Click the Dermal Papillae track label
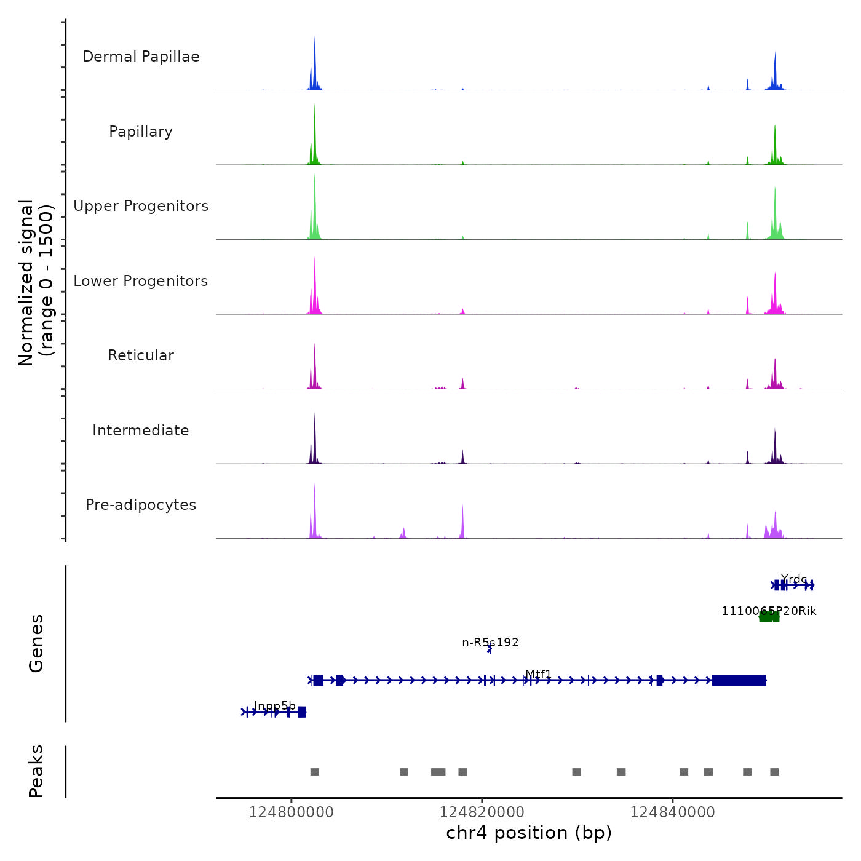141,57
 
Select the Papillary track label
141,132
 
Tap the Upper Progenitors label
141,206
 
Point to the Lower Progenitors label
141,281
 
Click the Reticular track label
141,355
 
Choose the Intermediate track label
141,430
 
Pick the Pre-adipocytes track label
141,505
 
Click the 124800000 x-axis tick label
292,812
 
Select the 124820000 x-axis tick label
482,812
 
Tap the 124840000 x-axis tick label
673,812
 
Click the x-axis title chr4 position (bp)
529,833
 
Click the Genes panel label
36,643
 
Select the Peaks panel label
36,771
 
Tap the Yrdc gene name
793,579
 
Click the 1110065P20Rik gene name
769,611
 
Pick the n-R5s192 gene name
490,643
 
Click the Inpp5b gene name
274,705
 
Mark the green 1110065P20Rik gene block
769,617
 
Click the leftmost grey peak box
314,772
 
